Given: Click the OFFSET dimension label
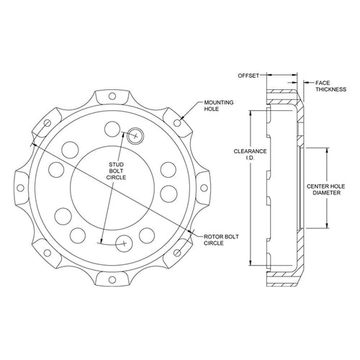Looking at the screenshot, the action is click(248, 76).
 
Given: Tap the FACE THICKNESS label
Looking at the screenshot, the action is click(330, 86).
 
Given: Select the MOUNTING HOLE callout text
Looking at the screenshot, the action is click(219, 106).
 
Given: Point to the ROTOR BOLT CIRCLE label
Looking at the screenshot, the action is click(221, 240).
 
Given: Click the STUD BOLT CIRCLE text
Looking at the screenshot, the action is click(116, 171).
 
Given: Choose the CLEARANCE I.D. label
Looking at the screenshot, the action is click(250, 155).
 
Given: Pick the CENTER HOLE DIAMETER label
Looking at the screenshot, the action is click(325, 189).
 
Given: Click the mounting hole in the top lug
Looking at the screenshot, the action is click(112, 96).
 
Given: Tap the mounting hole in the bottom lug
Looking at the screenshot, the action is click(112, 279).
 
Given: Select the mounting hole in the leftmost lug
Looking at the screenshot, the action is click(21, 188).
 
